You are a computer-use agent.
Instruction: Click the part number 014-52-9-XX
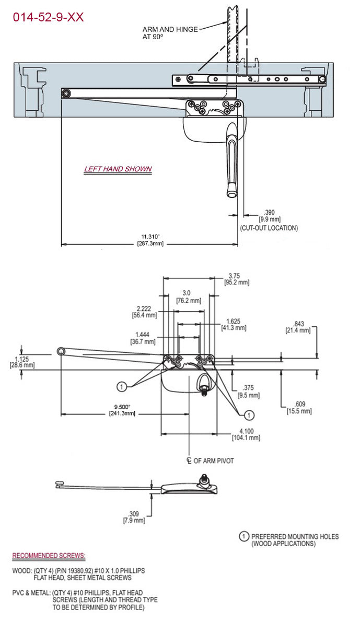pos(48,17)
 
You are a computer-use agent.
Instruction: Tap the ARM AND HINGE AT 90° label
pos(170,33)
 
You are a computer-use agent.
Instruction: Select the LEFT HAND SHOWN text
pos(118,169)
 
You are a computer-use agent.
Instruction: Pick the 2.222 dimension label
pos(144,308)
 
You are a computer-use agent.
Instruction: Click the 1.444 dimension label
pos(142,335)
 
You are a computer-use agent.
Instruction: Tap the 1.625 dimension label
pos(233,321)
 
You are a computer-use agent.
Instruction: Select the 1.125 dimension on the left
pos(21,359)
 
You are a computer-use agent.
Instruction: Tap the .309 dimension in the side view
pos(134,513)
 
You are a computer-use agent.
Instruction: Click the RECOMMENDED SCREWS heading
pos(49,555)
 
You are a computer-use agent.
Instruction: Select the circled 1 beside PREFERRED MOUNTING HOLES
pos(243,536)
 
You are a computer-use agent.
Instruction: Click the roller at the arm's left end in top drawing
pos(66,94)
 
